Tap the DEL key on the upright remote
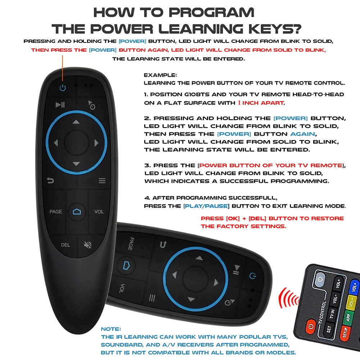65,245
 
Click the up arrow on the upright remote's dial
76,122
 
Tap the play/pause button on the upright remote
60,105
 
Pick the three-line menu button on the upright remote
102,181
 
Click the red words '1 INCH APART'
260,102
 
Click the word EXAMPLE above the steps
160,75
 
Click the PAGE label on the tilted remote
131,243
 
